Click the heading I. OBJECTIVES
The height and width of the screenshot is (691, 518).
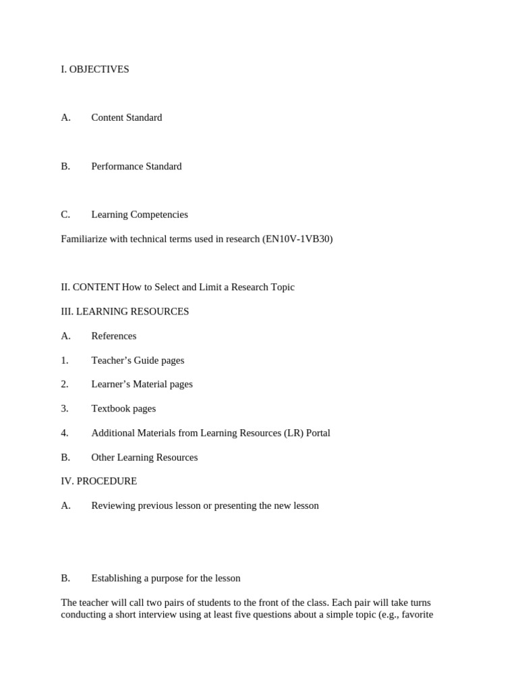pos(94,70)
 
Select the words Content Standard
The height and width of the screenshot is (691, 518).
pos(127,117)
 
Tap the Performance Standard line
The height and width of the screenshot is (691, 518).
pos(136,166)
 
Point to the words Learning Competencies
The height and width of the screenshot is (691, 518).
pos(140,215)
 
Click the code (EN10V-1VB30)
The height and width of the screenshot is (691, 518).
pos(297,239)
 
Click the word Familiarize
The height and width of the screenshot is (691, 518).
pos(85,239)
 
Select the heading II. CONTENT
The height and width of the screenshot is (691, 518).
pos(90,287)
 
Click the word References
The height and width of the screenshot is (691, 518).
pos(114,336)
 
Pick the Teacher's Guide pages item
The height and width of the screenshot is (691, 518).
pos(138,360)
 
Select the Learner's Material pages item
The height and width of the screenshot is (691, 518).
pos(142,384)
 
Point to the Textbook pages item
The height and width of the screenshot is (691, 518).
pos(123,408)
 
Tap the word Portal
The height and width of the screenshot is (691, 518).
pos(318,433)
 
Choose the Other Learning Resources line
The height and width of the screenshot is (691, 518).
pos(144,457)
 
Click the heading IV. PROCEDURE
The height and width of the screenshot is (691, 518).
pos(98,481)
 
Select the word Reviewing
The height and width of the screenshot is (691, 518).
pos(113,505)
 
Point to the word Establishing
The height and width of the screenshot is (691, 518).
pos(117,578)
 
